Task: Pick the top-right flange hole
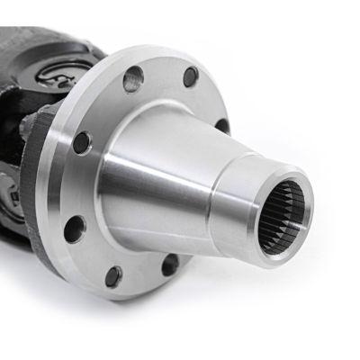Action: coord(191,77)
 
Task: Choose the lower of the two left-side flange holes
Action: coord(75,226)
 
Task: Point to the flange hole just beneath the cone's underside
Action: coord(169,265)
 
